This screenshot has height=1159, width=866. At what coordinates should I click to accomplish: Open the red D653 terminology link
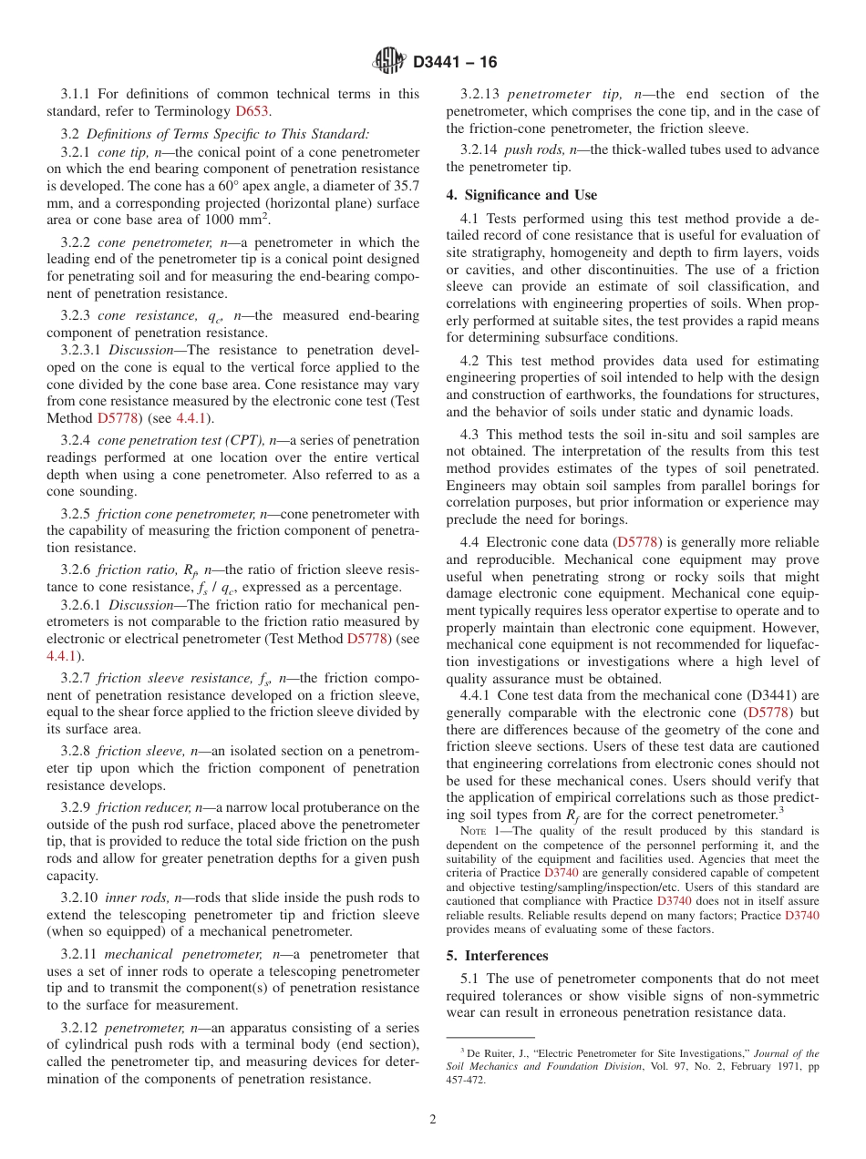click(x=252, y=111)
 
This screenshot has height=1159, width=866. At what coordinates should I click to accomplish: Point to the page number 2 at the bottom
click(x=433, y=1120)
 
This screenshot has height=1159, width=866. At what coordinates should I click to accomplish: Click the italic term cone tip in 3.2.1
click(x=123, y=151)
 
